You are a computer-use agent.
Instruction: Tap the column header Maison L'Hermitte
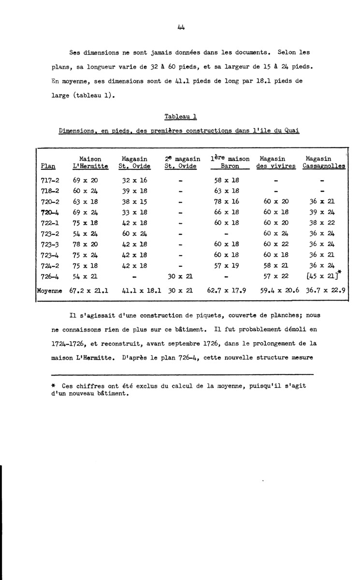[x=90, y=162]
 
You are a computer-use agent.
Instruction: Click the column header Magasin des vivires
[x=275, y=162]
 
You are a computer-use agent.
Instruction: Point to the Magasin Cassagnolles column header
[x=323, y=162]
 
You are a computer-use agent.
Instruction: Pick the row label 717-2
[x=50, y=180]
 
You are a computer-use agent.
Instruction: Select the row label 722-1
[x=50, y=223]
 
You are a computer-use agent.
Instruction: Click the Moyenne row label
[x=50, y=291]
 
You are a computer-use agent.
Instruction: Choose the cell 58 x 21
[x=275, y=266]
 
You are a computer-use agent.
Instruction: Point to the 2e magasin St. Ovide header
[x=182, y=162]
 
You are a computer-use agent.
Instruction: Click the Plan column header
[x=49, y=166]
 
